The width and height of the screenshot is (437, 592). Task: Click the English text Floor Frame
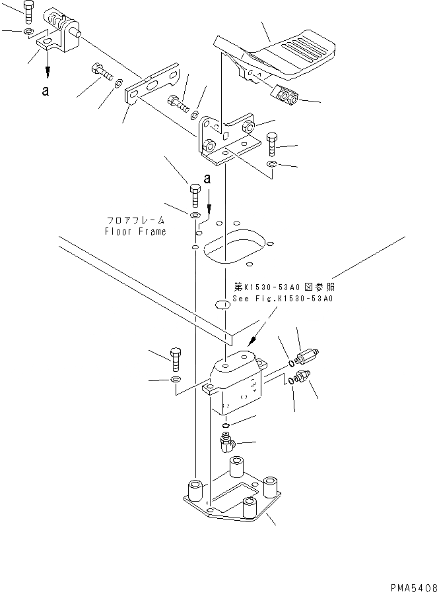pyautogui.click(x=135, y=231)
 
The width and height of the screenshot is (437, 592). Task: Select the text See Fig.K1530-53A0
pyautogui.click(x=283, y=298)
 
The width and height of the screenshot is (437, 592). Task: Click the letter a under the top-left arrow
pyautogui.click(x=45, y=92)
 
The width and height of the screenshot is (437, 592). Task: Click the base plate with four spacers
pyautogui.click(x=231, y=501)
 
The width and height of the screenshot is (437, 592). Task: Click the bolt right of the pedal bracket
pyautogui.click(x=272, y=143)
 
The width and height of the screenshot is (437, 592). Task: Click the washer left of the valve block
pyautogui.click(x=175, y=382)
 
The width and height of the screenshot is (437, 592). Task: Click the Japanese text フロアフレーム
pyautogui.click(x=135, y=221)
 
